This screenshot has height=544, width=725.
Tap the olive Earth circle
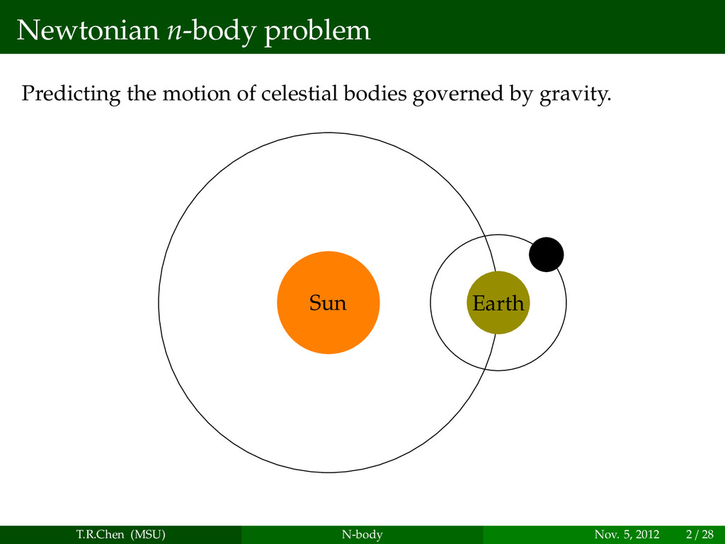(x=498, y=322)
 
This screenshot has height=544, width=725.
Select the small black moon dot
(x=547, y=254)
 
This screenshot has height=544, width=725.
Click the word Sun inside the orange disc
(x=328, y=303)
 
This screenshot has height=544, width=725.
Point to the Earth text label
(x=498, y=304)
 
